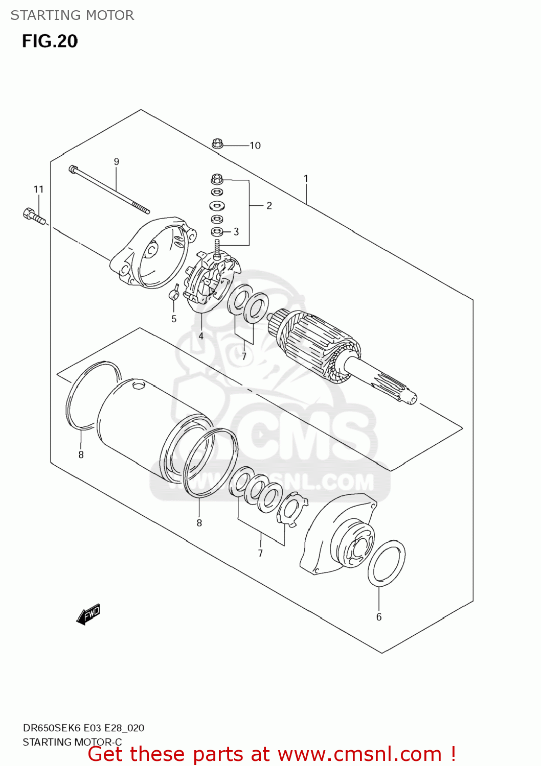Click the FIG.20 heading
[x=50, y=41]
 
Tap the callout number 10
[x=255, y=146]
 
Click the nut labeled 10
[x=217, y=144]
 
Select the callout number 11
[x=39, y=189]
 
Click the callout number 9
[x=117, y=162]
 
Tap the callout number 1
[x=306, y=179]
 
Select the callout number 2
[x=269, y=206]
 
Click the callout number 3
[x=236, y=232]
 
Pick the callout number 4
[x=201, y=336]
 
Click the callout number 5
[x=174, y=319]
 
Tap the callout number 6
[x=379, y=617]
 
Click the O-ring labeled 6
[x=387, y=563]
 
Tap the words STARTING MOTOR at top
[x=72, y=15]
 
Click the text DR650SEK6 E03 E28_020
[x=83, y=728]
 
